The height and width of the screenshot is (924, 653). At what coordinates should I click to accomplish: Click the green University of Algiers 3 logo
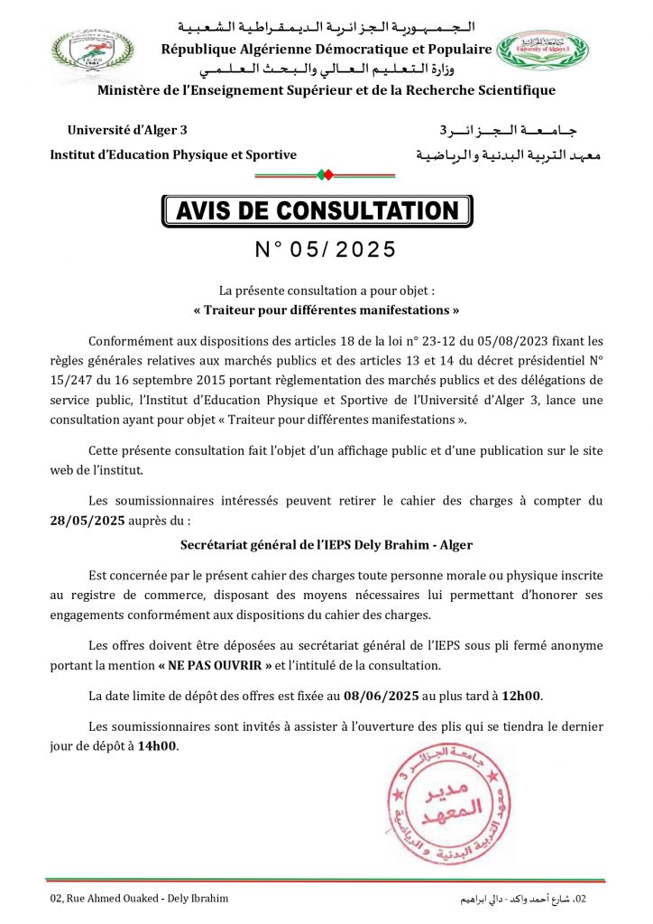[542, 55]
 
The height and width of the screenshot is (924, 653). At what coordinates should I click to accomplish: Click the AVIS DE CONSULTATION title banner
[317, 211]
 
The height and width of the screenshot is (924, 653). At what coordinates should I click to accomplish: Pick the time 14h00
[159, 745]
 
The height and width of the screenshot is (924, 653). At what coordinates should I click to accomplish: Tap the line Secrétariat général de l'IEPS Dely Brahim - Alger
[326, 545]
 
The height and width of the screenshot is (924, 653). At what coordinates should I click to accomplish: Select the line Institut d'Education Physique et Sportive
[173, 155]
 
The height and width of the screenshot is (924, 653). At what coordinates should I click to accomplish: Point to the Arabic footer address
[524, 899]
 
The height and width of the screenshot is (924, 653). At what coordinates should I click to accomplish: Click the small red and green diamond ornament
[326, 173]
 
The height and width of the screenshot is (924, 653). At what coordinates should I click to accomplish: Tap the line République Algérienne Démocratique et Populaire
[326, 49]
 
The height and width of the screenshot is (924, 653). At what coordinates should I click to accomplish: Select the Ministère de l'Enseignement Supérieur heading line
[326, 90]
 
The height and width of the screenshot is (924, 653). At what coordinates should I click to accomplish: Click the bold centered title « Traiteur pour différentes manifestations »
[326, 310]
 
